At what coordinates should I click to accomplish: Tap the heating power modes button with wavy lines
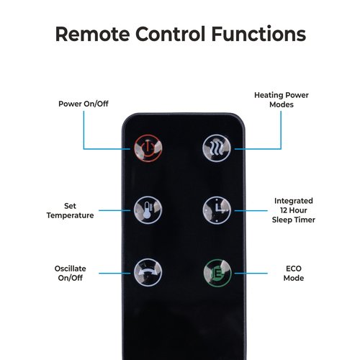click(217, 148)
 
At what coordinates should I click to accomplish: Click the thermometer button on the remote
click(148, 210)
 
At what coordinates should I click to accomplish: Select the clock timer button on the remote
click(217, 210)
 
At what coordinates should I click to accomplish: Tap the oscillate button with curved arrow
click(148, 272)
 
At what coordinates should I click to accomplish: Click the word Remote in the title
click(93, 34)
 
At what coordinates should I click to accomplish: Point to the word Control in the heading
click(171, 34)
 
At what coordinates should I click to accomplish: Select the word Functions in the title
click(258, 34)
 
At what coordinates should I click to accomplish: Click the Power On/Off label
click(84, 104)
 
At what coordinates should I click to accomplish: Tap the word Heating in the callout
click(269, 95)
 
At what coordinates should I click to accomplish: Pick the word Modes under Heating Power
click(282, 104)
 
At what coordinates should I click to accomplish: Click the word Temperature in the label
click(70, 215)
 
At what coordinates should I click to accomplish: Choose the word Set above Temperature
click(70, 206)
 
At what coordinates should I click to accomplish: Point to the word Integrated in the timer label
click(294, 201)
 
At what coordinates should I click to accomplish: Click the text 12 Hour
click(294, 210)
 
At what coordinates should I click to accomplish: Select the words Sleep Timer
click(294, 220)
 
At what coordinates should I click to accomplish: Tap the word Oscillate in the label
click(70, 269)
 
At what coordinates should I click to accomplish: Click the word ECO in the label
click(294, 269)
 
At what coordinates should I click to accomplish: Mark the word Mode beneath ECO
click(294, 278)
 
